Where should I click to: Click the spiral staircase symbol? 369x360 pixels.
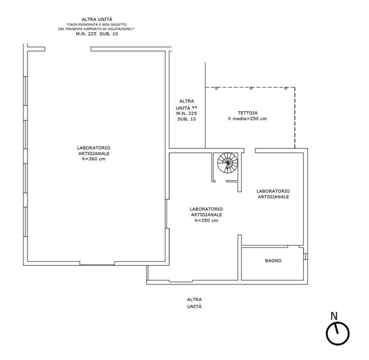[x=227, y=163]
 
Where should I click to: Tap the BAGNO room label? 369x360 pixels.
[x=273, y=261]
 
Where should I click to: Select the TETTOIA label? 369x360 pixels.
[x=248, y=113]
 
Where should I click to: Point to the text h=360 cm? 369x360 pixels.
[x=94, y=159]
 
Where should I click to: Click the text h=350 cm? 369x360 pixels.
[x=206, y=221]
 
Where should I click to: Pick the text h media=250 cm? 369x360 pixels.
[x=248, y=119]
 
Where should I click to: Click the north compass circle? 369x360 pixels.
[x=338, y=334]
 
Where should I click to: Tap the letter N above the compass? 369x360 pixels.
[x=334, y=316]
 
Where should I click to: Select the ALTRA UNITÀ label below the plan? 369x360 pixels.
[x=194, y=303]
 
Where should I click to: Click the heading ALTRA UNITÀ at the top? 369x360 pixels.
[x=97, y=19]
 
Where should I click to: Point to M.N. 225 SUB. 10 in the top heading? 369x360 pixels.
[x=97, y=34]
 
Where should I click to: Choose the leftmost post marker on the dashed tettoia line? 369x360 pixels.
[x=216, y=88]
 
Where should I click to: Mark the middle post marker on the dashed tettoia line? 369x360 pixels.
[x=251, y=88]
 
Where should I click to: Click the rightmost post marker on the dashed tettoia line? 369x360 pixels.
[x=286, y=88]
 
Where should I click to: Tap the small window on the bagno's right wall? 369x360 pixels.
[x=305, y=257]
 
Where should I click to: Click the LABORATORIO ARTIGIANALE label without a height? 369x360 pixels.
[x=273, y=194]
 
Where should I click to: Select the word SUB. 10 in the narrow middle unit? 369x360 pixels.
[x=187, y=119]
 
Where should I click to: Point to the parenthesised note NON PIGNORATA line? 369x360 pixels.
[x=96, y=24]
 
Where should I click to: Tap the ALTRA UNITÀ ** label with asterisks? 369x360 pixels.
[x=187, y=105]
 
